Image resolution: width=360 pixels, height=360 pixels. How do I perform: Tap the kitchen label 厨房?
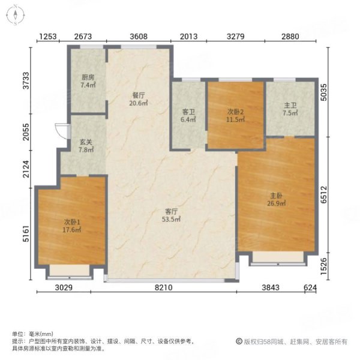[88, 77]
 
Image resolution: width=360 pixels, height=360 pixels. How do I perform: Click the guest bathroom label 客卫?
[188, 112]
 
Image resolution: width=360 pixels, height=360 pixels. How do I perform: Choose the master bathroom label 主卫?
[290, 106]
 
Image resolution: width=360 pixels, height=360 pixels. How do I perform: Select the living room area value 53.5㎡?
[172, 220]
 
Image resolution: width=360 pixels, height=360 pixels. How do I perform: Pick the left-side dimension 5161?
[25, 231]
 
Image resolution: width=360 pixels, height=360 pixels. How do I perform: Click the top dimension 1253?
[48, 37]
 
